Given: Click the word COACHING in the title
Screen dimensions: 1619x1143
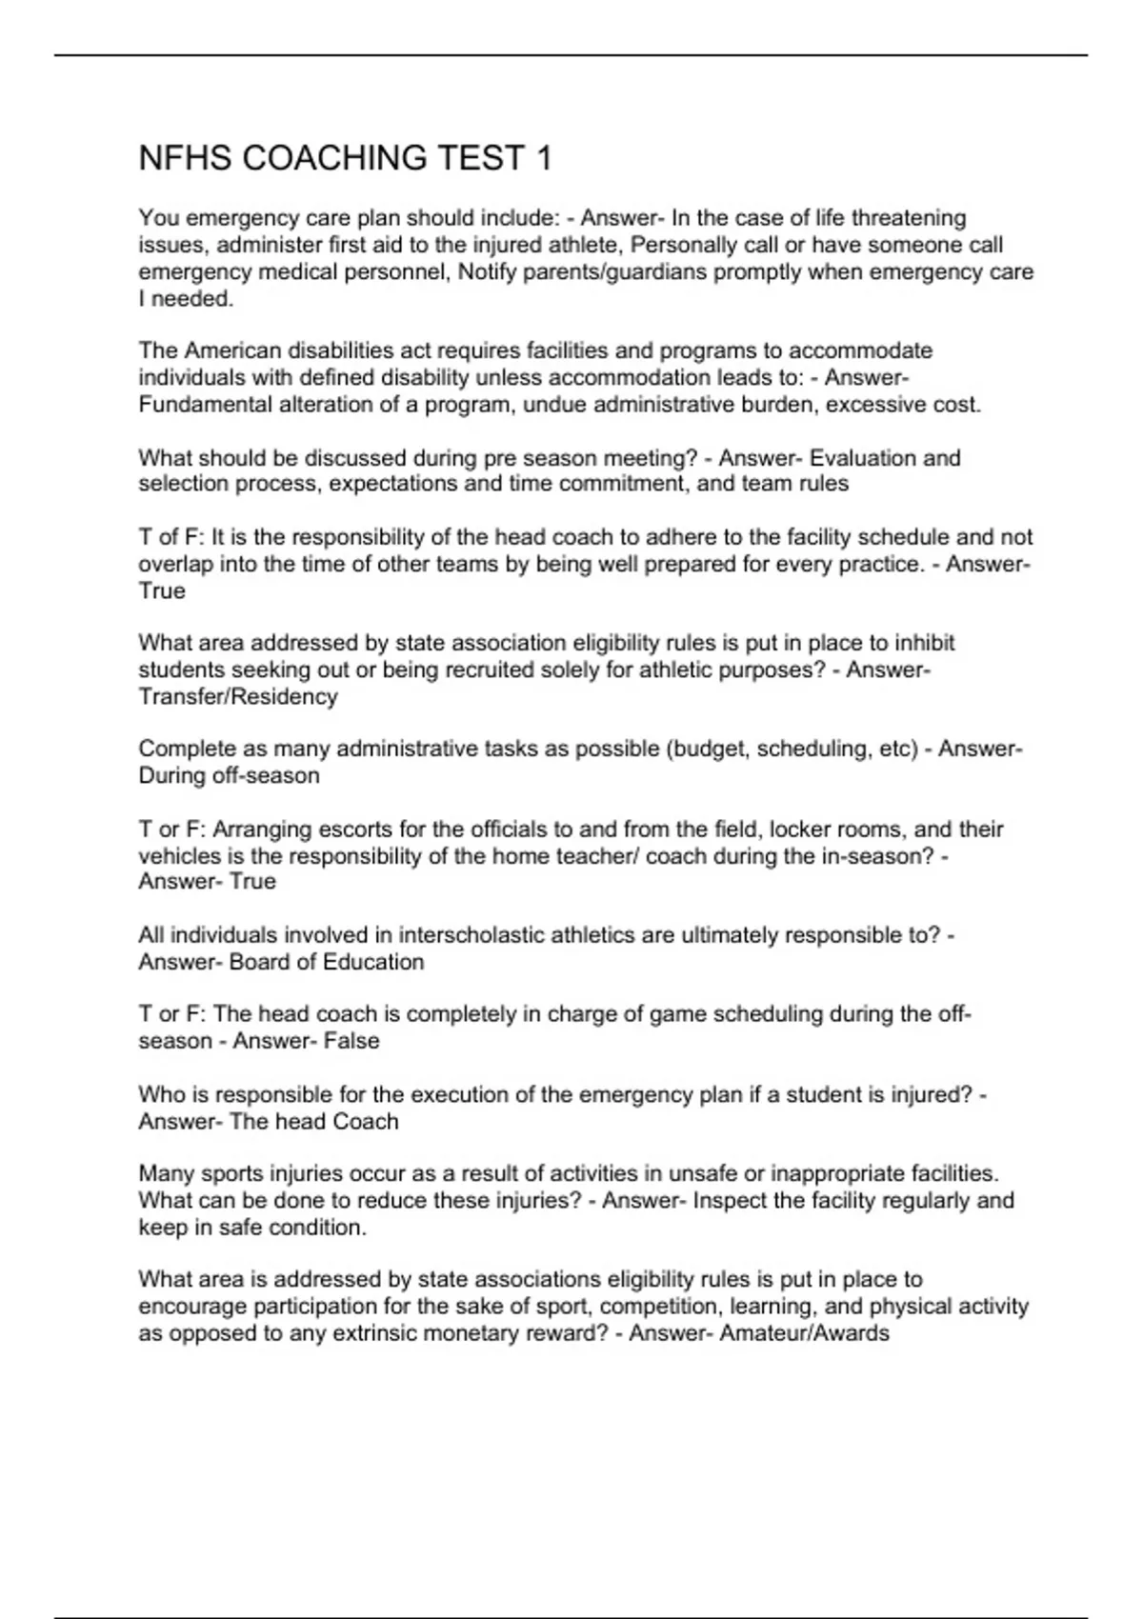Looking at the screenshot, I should point(334,158).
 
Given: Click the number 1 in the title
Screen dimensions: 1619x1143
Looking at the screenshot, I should point(544,158).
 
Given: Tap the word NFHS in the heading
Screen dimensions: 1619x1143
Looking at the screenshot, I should point(185,158).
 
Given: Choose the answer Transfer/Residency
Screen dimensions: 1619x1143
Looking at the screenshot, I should point(238,697).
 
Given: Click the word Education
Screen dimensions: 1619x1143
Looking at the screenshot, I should point(373,962).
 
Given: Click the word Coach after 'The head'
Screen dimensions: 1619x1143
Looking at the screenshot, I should point(366,1122).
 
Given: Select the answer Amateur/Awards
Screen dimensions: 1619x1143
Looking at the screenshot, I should point(804,1333).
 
